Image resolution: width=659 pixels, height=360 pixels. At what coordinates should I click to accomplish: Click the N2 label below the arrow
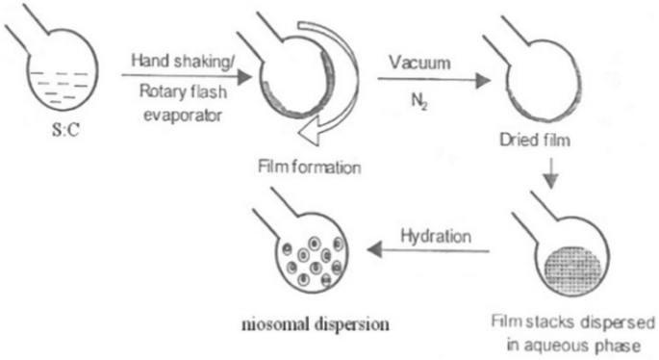pyautogui.click(x=419, y=98)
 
